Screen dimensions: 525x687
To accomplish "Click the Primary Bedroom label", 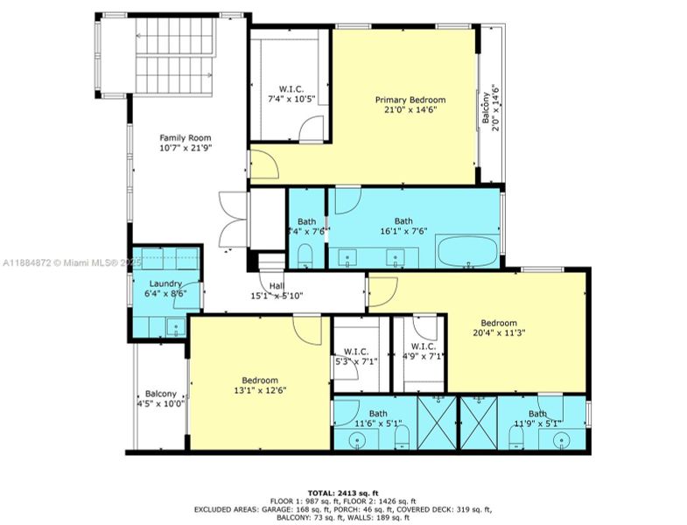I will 405,99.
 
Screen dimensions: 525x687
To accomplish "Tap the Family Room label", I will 185,137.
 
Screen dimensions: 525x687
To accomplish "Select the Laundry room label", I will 165,283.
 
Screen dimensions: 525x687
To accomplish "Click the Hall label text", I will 277,285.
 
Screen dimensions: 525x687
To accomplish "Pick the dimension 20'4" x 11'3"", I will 498,332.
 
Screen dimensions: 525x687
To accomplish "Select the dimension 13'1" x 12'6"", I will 260,390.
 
